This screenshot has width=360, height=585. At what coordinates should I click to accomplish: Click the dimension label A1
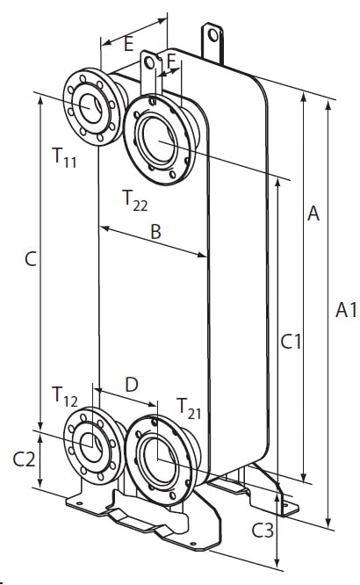click(346, 310)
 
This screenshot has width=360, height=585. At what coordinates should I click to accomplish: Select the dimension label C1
click(291, 342)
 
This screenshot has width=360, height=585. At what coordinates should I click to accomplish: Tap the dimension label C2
click(25, 459)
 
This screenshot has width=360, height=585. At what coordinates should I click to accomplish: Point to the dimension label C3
click(263, 531)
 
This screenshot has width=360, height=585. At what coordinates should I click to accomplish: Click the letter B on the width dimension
click(155, 231)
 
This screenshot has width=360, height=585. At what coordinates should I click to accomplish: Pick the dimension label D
click(132, 385)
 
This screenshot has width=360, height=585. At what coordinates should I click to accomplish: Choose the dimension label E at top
click(128, 44)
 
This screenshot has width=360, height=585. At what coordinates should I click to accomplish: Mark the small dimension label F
click(171, 61)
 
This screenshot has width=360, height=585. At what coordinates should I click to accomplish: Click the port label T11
click(64, 157)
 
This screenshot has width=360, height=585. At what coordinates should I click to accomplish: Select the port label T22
click(135, 201)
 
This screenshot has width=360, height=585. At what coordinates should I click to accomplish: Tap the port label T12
click(65, 397)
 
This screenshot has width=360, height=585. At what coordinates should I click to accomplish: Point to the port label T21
click(189, 408)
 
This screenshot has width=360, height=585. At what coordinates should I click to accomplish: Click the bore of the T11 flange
click(90, 108)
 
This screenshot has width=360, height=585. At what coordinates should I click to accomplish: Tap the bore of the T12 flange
click(91, 447)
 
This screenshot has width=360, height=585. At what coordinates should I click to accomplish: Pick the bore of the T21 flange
click(159, 459)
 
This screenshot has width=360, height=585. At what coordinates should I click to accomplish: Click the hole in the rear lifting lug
click(213, 35)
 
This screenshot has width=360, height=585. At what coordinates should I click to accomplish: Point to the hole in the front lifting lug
click(149, 63)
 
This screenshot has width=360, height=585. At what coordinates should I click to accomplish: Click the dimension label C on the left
click(31, 258)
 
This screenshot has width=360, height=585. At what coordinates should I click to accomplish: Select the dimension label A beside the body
click(313, 213)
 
